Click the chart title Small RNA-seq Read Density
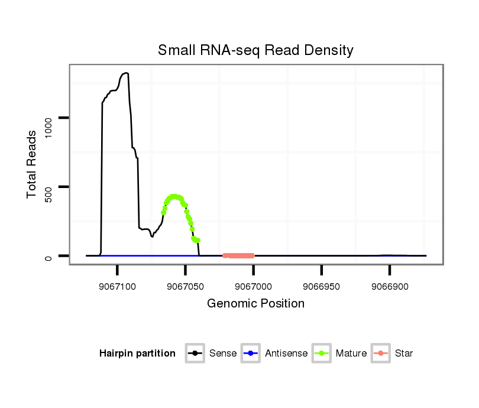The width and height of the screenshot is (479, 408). pos(255,50)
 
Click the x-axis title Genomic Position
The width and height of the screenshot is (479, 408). pos(255,304)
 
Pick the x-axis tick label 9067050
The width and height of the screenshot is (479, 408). pos(186,286)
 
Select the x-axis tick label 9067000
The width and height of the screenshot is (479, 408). pos(253,286)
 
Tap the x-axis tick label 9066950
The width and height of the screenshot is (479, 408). pos(321,286)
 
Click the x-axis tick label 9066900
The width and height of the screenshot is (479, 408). pos(390,286)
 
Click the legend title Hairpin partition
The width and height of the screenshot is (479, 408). pos(137,354)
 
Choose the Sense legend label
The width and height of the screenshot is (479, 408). pos(223,354)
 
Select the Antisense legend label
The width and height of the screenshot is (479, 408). pos(286,354)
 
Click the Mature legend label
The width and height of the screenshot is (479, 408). pos(351,354)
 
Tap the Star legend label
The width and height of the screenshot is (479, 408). pos(403,354)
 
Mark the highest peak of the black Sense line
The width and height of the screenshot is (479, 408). pos(125,73)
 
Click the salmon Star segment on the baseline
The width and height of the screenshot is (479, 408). pos(238,255)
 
